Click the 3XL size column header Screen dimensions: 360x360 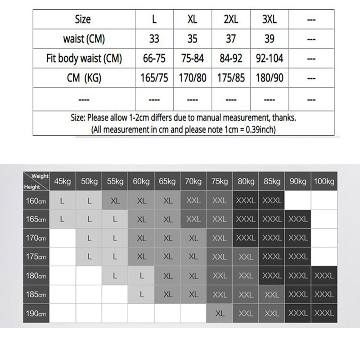(269, 19)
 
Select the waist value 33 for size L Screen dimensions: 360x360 (154, 39)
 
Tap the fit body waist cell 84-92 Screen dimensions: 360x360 (231, 58)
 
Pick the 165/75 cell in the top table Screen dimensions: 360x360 (154, 78)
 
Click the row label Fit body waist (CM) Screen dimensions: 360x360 (84, 58)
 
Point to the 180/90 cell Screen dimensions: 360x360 (269, 78)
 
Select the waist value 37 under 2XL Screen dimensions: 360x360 (231, 39)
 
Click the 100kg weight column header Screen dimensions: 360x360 (324, 182)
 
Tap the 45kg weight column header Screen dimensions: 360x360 (62, 182)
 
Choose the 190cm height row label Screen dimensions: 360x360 (36, 313)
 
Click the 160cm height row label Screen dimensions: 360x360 (36, 201)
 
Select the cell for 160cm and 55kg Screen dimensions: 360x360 (115, 201)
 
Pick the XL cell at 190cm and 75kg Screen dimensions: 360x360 (220, 313)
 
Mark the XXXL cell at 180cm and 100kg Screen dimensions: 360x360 (324, 275)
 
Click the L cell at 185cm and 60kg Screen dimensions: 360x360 (141, 294)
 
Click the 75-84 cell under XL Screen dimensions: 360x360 (192, 58)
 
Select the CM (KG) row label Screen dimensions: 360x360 (84, 78)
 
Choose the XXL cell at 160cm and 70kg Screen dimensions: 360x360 (193, 201)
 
